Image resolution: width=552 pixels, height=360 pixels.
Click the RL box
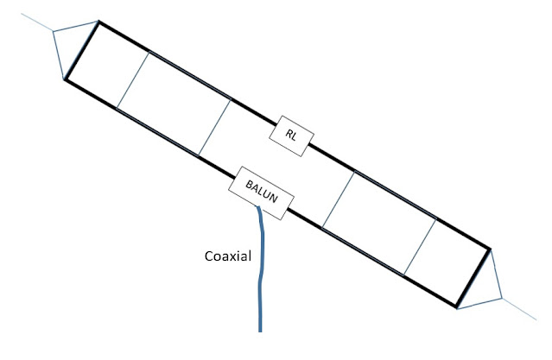293,137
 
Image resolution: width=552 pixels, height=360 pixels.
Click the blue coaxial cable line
259,276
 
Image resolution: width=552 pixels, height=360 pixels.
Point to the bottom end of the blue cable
259,331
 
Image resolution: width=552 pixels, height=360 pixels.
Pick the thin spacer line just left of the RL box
215,128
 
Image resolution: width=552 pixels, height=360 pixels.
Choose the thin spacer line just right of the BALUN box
338,199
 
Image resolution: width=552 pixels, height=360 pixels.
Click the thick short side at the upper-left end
81,51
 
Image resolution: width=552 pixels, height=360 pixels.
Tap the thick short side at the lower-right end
473,277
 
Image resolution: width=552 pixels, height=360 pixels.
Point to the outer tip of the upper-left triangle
53,32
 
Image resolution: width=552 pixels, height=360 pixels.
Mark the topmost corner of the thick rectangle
98,22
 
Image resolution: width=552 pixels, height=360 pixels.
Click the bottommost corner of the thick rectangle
457,306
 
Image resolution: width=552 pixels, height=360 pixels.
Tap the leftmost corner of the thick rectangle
65,80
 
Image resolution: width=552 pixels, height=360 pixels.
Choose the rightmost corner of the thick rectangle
490,249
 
